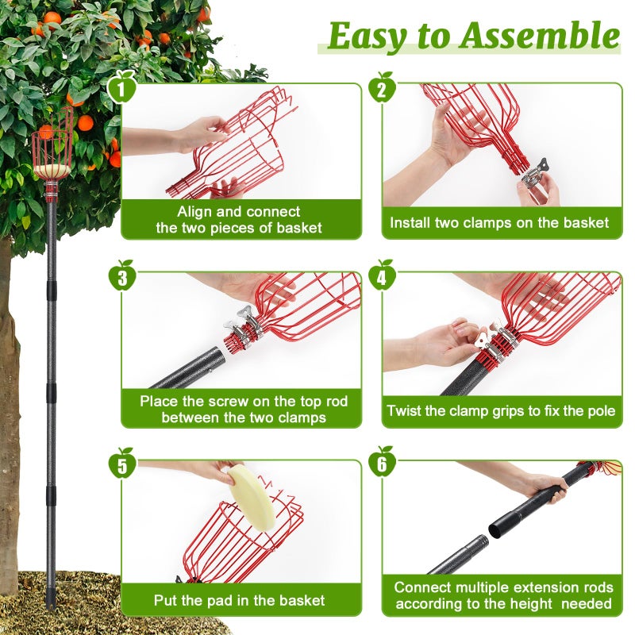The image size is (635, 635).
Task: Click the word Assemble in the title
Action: click(539, 36)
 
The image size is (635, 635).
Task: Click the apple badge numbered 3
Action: click(122, 277)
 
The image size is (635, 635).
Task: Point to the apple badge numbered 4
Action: click(382, 277)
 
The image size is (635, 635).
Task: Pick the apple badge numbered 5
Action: click(122, 464)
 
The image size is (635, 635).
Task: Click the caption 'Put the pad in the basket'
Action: click(239, 600)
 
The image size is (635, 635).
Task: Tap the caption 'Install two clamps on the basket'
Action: click(499, 223)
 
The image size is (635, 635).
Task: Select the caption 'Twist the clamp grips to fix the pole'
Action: click(501, 411)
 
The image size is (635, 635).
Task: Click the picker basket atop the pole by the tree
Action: click(51, 155)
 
